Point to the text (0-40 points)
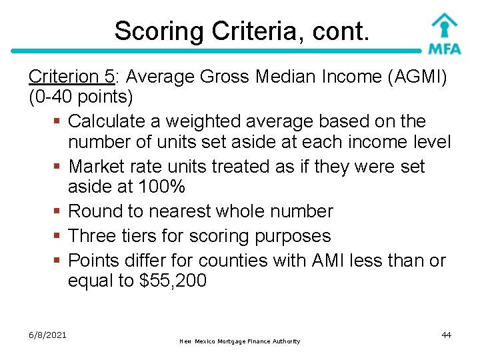tap(81, 97)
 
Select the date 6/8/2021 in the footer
tap(47, 335)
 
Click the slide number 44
tap(446, 335)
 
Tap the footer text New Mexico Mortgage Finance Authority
tap(240, 341)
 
